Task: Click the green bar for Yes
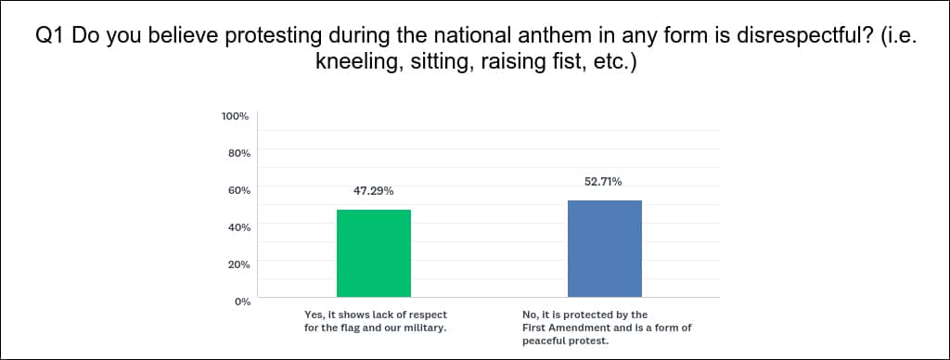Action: [x=374, y=253]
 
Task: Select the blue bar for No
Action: [x=605, y=249]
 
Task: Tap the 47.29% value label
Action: [x=374, y=191]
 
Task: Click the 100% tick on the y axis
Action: [x=237, y=116]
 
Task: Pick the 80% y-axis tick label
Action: [x=238, y=153]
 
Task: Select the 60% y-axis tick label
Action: [x=238, y=189]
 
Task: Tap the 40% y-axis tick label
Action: [x=238, y=227]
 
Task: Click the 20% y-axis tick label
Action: [x=238, y=264]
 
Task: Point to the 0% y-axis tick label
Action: [x=242, y=302]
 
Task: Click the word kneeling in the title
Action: [x=354, y=63]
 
